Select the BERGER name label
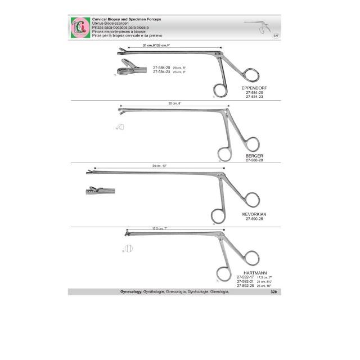[254, 155]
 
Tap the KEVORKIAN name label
[256, 214]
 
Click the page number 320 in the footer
[273, 292]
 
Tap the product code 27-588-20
[254, 160]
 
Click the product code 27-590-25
[256, 219]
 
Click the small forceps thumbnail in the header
[258, 26]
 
